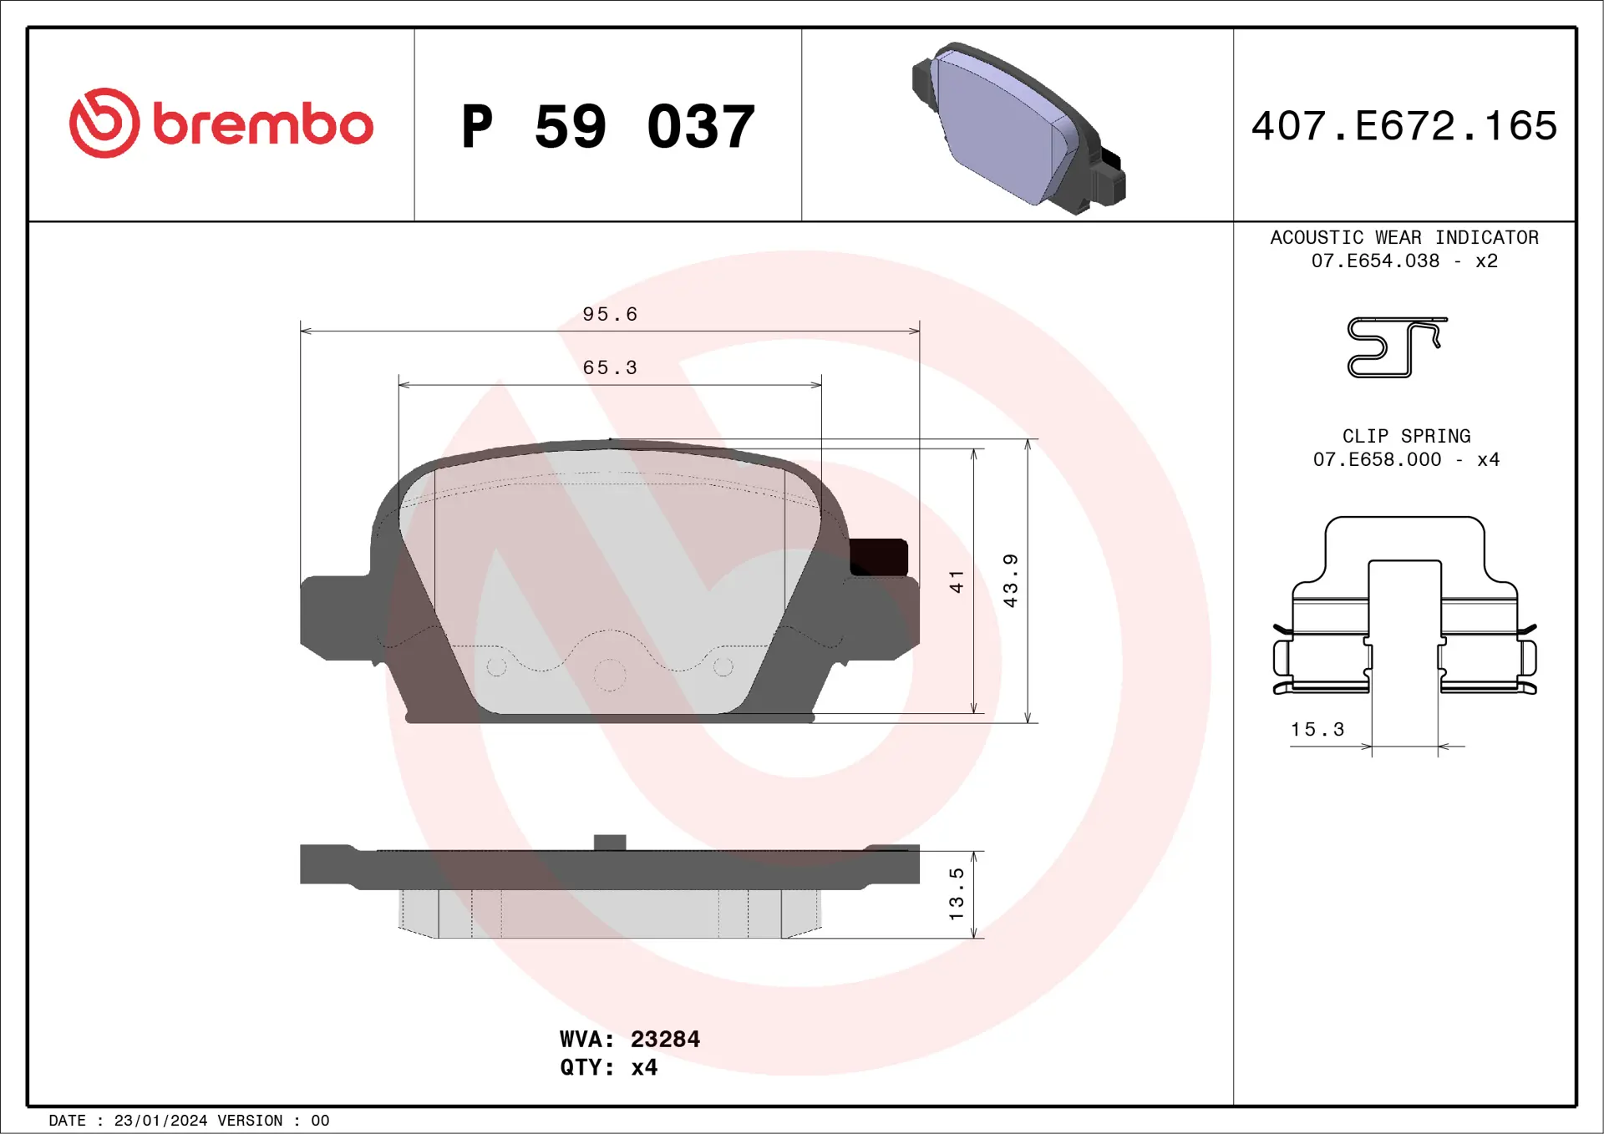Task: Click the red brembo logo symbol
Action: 104,123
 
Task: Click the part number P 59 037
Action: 608,127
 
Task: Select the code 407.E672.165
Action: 1404,126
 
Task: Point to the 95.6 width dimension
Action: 610,314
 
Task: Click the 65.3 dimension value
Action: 610,367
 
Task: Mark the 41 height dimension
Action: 957,581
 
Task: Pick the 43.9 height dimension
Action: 1010,580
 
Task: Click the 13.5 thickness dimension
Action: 957,894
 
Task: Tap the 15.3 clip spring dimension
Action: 1317,729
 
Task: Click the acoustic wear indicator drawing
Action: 1396,347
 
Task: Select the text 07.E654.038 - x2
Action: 1404,261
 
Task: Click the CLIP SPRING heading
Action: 1406,436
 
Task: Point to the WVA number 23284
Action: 665,1039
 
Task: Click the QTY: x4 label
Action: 608,1067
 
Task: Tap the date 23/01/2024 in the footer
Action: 160,1121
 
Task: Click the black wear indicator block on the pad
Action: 878,557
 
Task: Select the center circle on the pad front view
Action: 610,675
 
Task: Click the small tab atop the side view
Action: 610,842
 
